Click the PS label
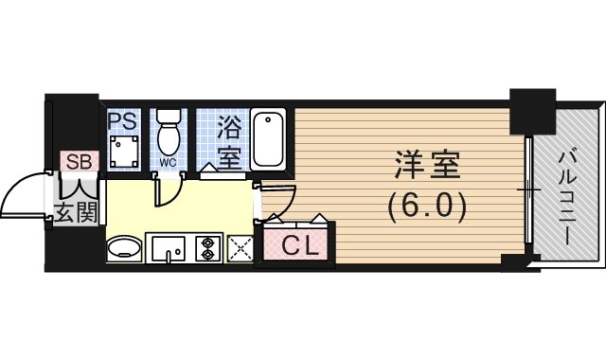(x=122, y=121)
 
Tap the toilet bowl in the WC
(x=169, y=134)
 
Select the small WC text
(x=168, y=163)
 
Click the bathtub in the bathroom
(x=268, y=139)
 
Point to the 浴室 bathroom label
(x=229, y=142)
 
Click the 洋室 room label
(x=427, y=166)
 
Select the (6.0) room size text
(x=427, y=208)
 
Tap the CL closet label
(x=300, y=246)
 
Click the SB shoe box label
(x=80, y=162)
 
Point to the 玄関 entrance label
(x=76, y=212)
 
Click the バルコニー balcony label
(x=568, y=198)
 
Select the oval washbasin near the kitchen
(x=124, y=248)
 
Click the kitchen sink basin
(x=169, y=248)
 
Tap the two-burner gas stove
(x=208, y=248)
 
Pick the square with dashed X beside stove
(x=240, y=248)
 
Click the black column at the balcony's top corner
(x=532, y=112)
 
